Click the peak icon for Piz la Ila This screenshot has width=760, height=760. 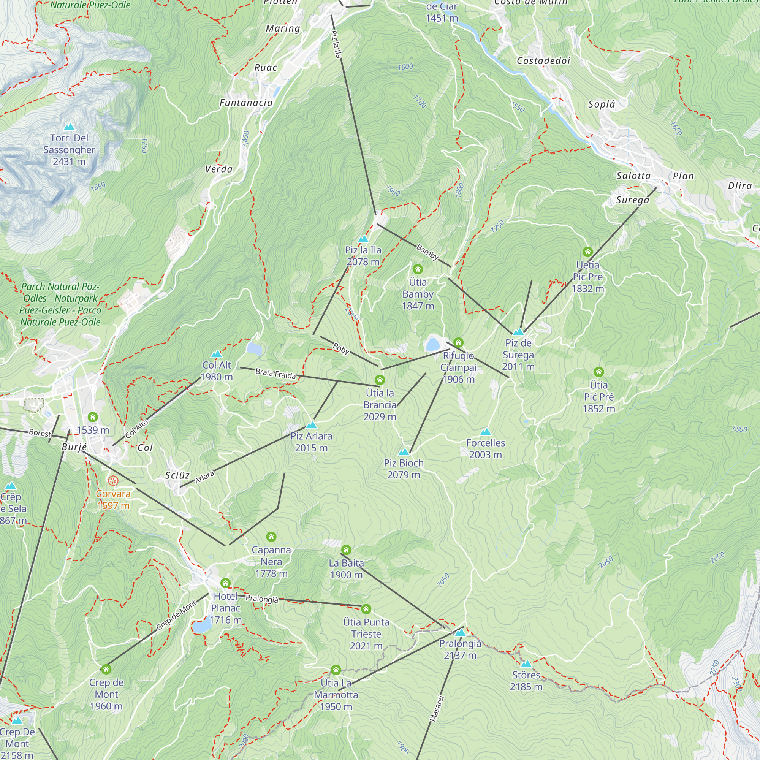click(363, 239)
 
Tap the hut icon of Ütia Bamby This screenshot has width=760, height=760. click(418, 269)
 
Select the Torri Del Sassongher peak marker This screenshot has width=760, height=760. click(69, 127)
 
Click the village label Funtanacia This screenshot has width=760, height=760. click(246, 103)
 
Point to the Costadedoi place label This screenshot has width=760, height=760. click(543, 60)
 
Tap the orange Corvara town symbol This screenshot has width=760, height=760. click(113, 481)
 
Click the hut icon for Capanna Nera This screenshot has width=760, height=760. click(271, 537)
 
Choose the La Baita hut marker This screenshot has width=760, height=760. click(346, 549)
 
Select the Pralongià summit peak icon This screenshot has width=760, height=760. click(460, 633)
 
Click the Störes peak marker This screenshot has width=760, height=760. click(526, 664)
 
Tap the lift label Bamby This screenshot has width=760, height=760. click(427, 252)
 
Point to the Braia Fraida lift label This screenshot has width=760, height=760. click(275, 374)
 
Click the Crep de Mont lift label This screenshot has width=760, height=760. click(176, 615)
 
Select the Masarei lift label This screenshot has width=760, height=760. click(437, 708)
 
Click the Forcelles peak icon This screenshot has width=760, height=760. click(485, 432)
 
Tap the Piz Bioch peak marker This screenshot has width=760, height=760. click(404, 452)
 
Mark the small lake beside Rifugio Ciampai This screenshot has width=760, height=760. click(432, 344)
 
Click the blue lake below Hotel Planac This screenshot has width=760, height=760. click(202, 626)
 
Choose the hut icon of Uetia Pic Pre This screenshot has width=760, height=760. click(587, 252)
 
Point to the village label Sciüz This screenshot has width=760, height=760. click(177, 475)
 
